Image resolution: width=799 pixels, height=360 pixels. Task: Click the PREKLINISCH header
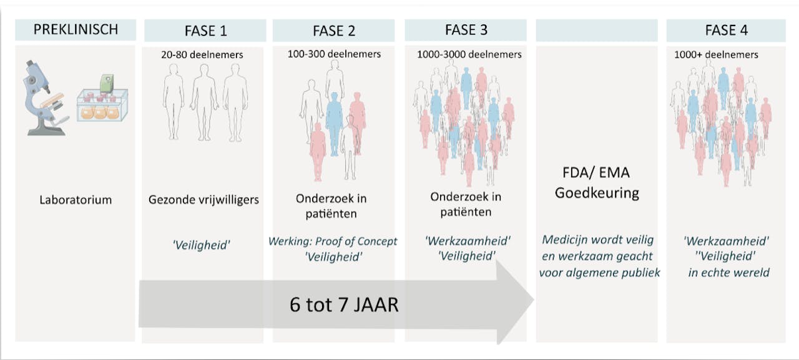click(x=75, y=29)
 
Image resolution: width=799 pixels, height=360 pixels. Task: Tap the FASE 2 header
click(x=333, y=31)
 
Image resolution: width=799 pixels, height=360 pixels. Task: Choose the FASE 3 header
click(x=466, y=30)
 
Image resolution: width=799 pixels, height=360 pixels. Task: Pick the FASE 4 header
click(x=726, y=31)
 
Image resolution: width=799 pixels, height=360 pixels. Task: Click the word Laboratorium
click(x=75, y=200)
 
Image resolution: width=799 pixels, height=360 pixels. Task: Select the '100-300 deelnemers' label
click(x=334, y=54)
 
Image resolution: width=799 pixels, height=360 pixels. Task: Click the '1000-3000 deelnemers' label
click(x=469, y=55)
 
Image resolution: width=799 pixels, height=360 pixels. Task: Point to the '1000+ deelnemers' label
click(x=716, y=55)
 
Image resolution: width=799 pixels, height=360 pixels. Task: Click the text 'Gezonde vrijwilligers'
click(x=203, y=200)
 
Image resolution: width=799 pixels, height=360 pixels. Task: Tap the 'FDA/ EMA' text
click(x=596, y=173)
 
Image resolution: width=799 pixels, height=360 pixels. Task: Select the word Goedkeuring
click(x=596, y=192)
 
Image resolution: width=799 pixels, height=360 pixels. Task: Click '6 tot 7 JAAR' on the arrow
click(x=344, y=304)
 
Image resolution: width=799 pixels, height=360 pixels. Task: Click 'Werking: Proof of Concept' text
click(x=333, y=241)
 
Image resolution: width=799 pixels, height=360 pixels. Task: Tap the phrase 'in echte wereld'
click(x=728, y=273)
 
